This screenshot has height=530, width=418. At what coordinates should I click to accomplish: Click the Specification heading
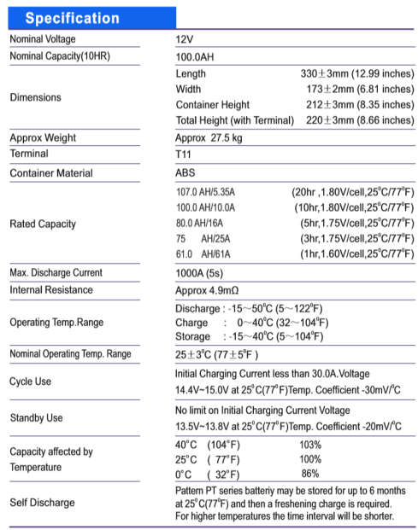[x=73, y=18]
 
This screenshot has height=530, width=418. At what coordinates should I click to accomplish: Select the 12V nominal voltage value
[x=185, y=39]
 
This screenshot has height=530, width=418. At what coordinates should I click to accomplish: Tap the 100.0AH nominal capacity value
[x=197, y=56]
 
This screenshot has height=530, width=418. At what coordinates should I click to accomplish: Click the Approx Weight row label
[x=43, y=137]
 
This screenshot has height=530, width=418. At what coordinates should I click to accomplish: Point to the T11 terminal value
[x=185, y=154]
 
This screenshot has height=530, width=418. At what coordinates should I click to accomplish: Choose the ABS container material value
[x=185, y=172]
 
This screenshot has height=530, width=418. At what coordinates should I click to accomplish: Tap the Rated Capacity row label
[x=43, y=224]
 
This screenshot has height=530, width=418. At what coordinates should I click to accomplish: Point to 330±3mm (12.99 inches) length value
[x=359, y=74]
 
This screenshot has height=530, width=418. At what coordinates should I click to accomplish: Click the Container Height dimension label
[x=213, y=105]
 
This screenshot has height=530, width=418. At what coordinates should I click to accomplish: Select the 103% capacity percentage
[x=310, y=445]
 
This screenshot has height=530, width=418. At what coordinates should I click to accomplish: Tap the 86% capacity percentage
[x=309, y=474]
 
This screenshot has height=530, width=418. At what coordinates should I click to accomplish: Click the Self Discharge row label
[x=42, y=503]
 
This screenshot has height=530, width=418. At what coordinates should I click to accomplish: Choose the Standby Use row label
[x=36, y=417]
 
